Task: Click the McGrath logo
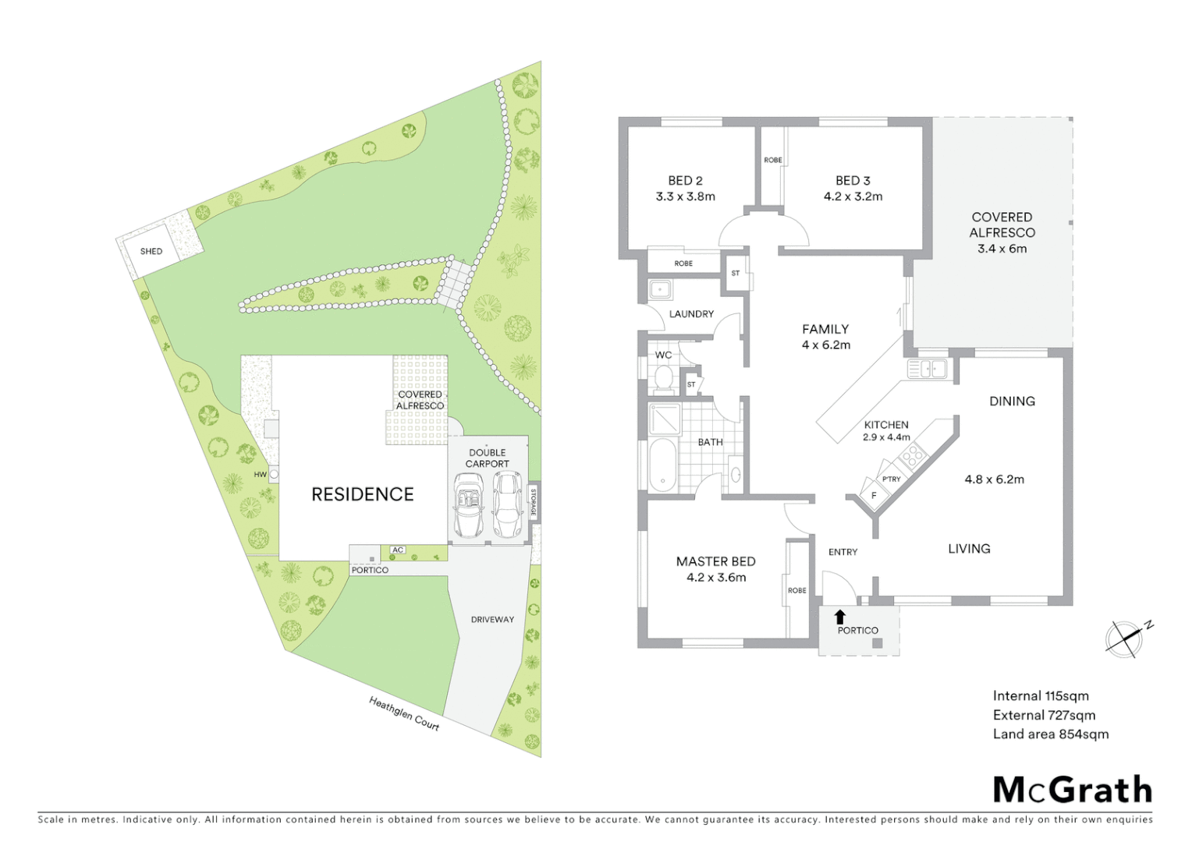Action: click(x=1072, y=790)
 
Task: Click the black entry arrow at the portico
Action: click(x=839, y=617)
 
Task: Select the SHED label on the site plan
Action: click(x=151, y=251)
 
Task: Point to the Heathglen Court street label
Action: click(x=404, y=713)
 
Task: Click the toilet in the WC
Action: click(x=664, y=378)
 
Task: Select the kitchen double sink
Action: click(x=928, y=368)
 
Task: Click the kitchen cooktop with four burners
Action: click(x=913, y=455)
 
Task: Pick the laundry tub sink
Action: click(x=661, y=290)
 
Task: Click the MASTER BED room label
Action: click(x=715, y=561)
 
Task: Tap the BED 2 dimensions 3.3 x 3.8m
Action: click(x=685, y=196)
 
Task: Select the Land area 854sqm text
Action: click(x=1050, y=734)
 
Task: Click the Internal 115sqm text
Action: click(x=1041, y=695)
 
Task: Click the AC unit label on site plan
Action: click(x=398, y=550)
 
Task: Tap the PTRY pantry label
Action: click(x=891, y=479)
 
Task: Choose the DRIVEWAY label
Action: click(x=492, y=619)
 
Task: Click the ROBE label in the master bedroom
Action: click(x=796, y=590)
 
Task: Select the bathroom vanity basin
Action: click(x=735, y=474)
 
